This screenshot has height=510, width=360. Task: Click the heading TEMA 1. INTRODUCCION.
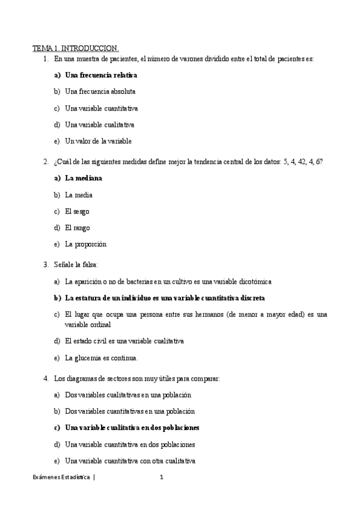pos(75,48)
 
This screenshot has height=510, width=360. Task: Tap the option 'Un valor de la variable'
pos(98,141)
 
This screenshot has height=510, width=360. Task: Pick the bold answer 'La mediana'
pos(84,178)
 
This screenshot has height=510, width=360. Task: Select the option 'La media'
pos(79,195)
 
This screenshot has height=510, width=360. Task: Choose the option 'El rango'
pos(78,227)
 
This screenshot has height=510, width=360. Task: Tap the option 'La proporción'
pos(85,244)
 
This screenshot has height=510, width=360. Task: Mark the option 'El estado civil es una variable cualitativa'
pos(124,341)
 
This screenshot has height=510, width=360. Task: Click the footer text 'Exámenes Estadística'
pos(61,478)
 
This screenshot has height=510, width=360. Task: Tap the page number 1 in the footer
pos(162,478)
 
